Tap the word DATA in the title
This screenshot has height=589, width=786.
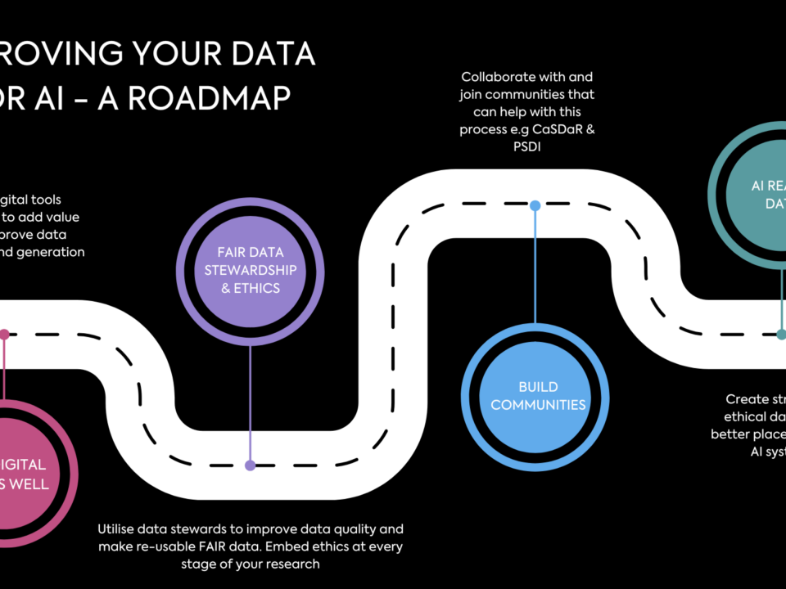(271, 54)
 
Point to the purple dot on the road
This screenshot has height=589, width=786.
(251, 465)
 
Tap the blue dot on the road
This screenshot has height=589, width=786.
(535, 205)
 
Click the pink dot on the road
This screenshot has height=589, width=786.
(4, 334)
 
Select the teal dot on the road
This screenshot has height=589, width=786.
(781, 334)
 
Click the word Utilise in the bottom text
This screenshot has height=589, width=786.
(121, 528)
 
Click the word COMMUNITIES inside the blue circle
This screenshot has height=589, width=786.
(538, 404)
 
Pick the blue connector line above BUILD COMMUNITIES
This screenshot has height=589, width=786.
(535, 270)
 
